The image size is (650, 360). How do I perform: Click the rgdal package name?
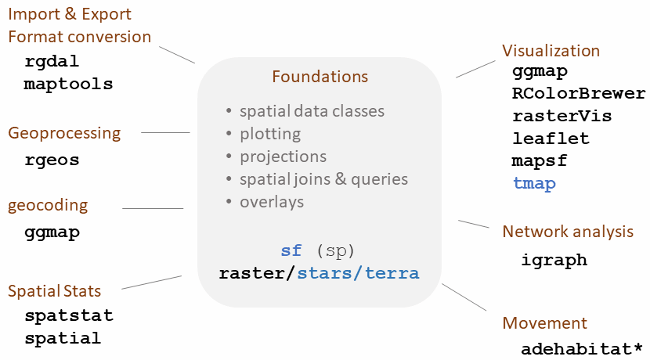[x=52, y=62]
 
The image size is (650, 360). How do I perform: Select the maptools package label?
[x=68, y=84]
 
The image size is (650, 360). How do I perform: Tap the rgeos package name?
[x=52, y=160]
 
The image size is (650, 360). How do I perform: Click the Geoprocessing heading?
[x=64, y=134]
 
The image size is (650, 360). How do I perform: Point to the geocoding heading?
[x=48, y=206]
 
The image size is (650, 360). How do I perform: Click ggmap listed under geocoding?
[x=52, y=232]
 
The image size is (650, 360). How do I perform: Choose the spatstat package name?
[x=69, y=315]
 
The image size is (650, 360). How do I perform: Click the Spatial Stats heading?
[x=54, y=291]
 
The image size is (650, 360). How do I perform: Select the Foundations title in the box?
[x=320, y=77]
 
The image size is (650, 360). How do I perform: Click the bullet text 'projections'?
[x=283, y=157]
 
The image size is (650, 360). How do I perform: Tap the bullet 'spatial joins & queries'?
[x=323, y=179]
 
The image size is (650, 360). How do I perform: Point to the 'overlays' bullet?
[x=272, y=202]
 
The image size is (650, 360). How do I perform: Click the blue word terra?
[x=392, y=273]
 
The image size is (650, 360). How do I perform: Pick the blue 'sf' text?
[x=291, y=250]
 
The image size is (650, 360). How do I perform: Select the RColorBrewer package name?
[x=579, y=94]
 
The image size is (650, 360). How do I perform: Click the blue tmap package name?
[x=534, y=183]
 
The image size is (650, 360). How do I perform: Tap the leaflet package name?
[x=551, y=139]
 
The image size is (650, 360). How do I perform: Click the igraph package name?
[x=554, y=261]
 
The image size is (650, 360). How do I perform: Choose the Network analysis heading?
[x=568, y=232]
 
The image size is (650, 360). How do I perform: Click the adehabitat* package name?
[x=582, y=349]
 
